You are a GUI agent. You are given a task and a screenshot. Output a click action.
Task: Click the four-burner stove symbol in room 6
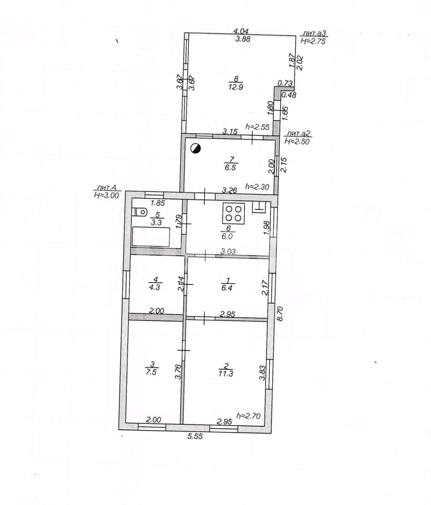233,213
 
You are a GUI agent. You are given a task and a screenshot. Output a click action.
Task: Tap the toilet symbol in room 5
140,212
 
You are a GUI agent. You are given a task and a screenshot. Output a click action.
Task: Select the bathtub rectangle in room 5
151,237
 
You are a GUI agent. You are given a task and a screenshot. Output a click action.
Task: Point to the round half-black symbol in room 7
196,149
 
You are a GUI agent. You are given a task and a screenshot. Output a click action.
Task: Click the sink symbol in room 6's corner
259,208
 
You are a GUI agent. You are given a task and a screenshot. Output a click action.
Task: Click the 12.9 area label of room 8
235,87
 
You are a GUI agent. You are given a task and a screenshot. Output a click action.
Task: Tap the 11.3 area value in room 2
226,374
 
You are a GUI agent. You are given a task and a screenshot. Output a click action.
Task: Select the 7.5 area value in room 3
152,372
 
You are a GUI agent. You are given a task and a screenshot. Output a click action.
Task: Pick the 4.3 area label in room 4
155,287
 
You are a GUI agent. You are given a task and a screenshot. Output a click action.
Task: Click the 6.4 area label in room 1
227,288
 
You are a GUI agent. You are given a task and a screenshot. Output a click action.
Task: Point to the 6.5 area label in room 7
231,168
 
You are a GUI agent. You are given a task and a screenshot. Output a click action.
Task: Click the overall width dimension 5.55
195,437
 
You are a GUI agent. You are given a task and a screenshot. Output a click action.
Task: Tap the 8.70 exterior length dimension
280,314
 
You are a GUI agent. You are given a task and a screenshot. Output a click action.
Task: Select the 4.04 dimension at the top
241,31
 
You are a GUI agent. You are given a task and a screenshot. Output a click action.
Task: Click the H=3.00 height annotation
107,195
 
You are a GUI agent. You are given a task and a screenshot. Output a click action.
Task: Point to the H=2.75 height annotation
313,41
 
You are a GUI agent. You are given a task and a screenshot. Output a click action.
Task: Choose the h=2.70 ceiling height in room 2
248,416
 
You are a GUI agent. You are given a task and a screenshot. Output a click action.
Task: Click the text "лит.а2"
299,134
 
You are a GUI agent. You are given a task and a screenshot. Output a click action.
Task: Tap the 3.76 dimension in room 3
177,371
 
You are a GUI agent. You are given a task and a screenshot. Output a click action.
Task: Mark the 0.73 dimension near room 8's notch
285,83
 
